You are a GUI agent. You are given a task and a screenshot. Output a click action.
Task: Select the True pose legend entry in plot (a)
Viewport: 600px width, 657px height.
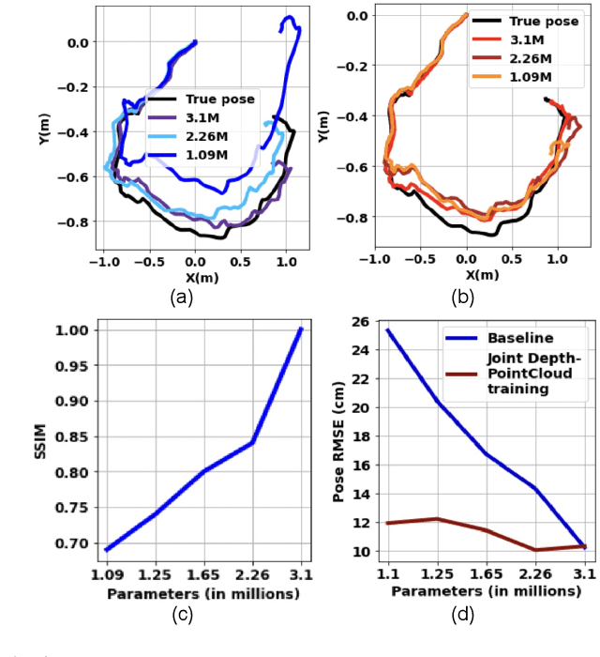click(220, 98)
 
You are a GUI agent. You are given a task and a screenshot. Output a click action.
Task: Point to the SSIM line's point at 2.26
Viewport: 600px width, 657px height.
click(253, 442)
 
